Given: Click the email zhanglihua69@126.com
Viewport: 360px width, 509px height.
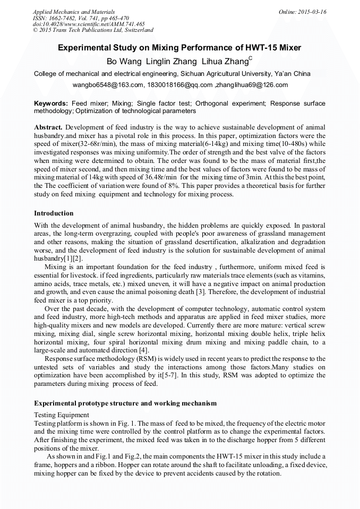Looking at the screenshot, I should [x=252, y=85].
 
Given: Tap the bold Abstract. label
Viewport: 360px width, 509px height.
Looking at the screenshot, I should [x=49, y=128].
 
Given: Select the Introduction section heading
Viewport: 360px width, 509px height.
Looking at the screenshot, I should [x=54, y=213].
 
